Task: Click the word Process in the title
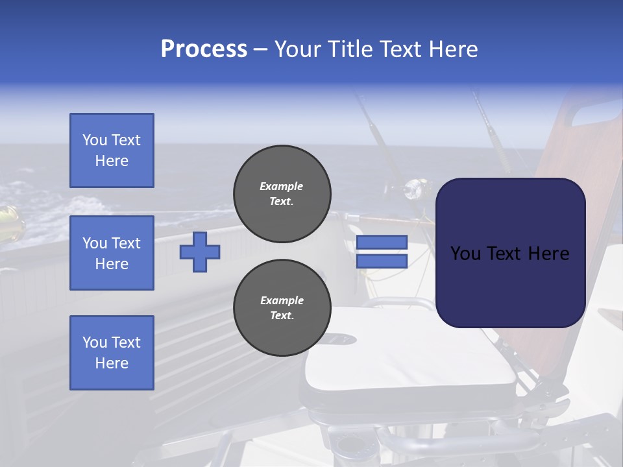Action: [204, 49]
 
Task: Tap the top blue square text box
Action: [112, 150]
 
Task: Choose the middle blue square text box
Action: [112, 253]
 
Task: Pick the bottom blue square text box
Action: [112, 352]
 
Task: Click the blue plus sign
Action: [200, 251]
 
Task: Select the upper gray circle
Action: [282, 194]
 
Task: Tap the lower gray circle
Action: [282, 308]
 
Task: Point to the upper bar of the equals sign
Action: [382, 243]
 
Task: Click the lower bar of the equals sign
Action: [382, 261]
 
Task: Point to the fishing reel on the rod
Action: [413, 190]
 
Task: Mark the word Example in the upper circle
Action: [281, 186]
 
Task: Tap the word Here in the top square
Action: [112, 161]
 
